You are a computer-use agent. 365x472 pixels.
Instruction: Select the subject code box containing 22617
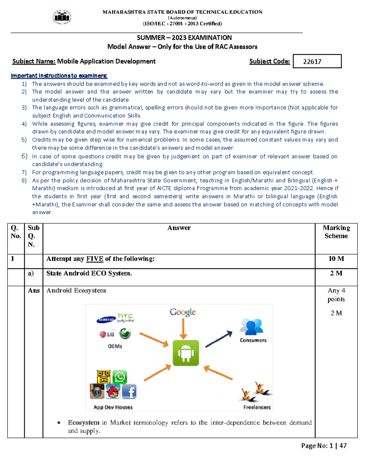[x=317, y=61]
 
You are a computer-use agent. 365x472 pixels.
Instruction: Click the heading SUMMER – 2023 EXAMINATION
[x=184, y=38]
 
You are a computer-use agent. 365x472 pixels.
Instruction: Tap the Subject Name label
[x=34, y=61]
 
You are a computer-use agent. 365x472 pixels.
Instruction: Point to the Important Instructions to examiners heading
[x=59, y=76]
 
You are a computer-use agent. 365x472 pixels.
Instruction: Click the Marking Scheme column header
[x=336, y=232]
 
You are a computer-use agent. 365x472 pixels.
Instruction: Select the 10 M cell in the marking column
[x=336, y=259]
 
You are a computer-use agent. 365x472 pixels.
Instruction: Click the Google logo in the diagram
[x=183, y=312]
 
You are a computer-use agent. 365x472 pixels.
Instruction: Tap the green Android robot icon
[x=186, y=353]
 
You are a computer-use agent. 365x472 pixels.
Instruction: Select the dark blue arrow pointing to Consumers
[x=219, y=339]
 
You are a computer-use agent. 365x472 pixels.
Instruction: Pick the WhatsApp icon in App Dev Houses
[x=120, y=377]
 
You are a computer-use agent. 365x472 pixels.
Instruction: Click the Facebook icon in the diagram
[x=129, y=391]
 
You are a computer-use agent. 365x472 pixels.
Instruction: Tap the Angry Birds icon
[x=113, y=391]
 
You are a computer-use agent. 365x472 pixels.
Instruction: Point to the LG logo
[x=107, y=334]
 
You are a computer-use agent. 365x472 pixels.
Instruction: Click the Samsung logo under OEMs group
[x=106, y=320]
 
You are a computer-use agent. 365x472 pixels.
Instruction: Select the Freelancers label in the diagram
[x=257, y=407]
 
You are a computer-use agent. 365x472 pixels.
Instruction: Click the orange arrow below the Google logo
[x=183, y=328]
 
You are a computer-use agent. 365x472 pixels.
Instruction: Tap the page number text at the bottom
[x=324, y=446]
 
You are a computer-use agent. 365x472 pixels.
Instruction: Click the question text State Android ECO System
[x=89, y=273]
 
